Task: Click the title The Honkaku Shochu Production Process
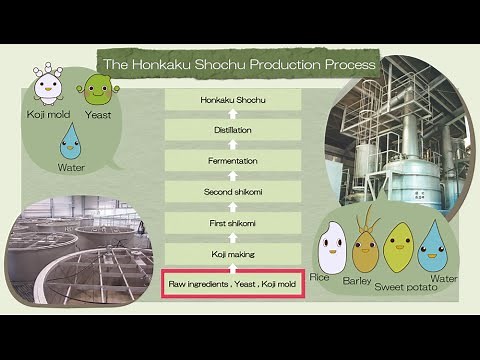[x=241, y=64]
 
